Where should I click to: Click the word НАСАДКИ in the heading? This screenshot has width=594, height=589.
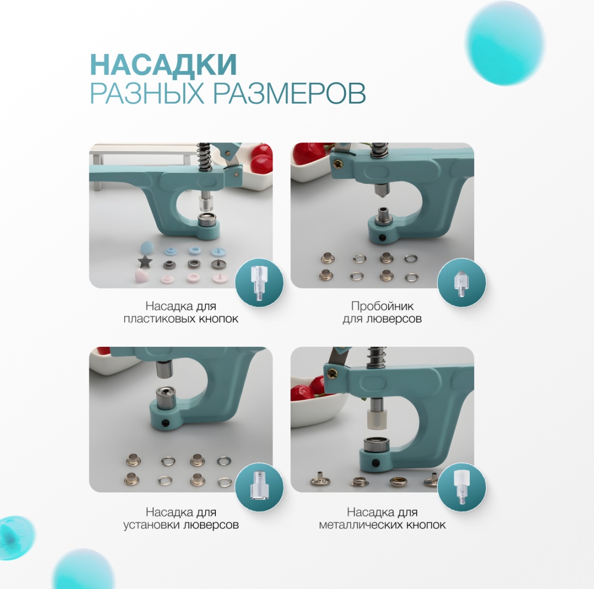point(163,65)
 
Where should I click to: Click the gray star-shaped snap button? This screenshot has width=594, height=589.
point(145,261)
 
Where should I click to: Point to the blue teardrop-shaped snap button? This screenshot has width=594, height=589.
point(147,248)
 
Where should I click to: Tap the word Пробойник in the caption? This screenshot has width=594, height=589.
point(382,306)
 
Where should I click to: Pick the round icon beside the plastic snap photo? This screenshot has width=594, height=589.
point(259,283)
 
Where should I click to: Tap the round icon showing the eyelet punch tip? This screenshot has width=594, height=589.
point(461,283)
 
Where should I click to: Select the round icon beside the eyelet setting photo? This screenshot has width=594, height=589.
point(259,487)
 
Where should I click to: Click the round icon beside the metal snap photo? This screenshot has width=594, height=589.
point(461,487)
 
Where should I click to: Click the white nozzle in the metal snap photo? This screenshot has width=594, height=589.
point(377,419)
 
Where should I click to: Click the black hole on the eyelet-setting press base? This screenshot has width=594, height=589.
point(165,423)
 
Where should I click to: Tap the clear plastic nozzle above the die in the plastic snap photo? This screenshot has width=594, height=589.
point(205,205)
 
